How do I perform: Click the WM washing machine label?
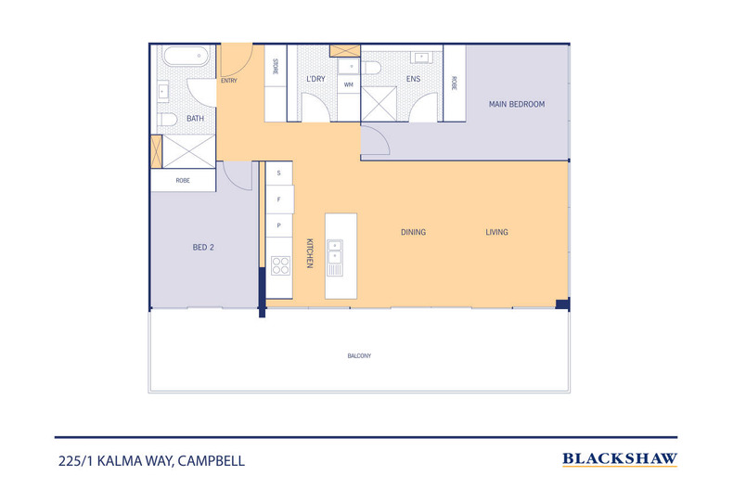[349, 84]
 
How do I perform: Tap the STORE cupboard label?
[276, 67]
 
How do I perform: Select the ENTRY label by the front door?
[229, 81]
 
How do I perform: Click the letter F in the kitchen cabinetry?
[278, 199]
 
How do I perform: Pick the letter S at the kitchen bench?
[278, 173]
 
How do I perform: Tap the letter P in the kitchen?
[278, 225]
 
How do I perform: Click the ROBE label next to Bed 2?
[183, 180]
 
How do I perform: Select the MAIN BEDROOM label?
[517, 105]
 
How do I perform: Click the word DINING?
[413, 232]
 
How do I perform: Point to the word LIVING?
[496, 232]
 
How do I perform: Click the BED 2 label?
[204, 248]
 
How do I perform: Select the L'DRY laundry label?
[315, 79]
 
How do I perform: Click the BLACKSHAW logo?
[620, 458]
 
